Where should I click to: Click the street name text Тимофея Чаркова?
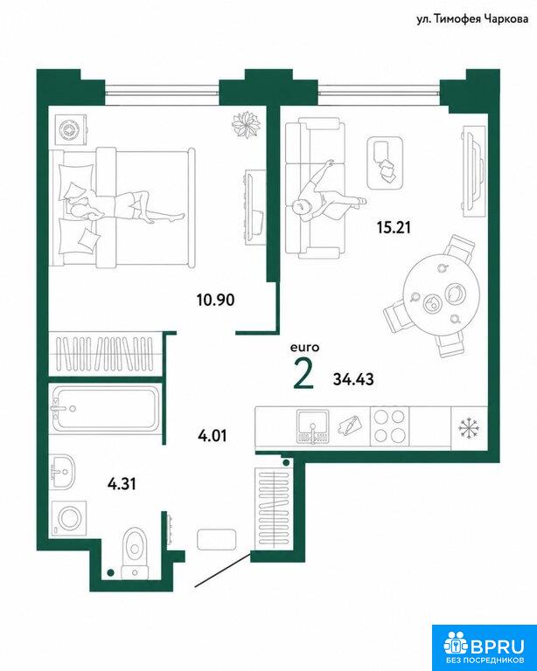[x=480, y=19]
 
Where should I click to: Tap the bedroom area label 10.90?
[x=215, y=300]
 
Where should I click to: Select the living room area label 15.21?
[x=394, y=228]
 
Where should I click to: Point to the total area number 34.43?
[x=353, y=379]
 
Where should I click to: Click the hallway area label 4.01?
[x=213, y=437]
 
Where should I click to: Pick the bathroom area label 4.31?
[x=122, y=484]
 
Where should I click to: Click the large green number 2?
[x=304, y=374]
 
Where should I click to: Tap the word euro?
[x=305, y=348]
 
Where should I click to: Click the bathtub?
[x=105, y=409]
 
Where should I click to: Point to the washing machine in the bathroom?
[x=68, y=518]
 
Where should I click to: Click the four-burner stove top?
[x=389, y=425]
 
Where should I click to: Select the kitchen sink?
[x=313, y=425]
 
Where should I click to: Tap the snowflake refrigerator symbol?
[x=469, y=427]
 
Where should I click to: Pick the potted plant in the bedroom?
[x=246, y=125]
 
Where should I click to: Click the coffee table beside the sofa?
[x=385, y=163]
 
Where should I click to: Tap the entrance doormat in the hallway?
[x=217, y=539]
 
